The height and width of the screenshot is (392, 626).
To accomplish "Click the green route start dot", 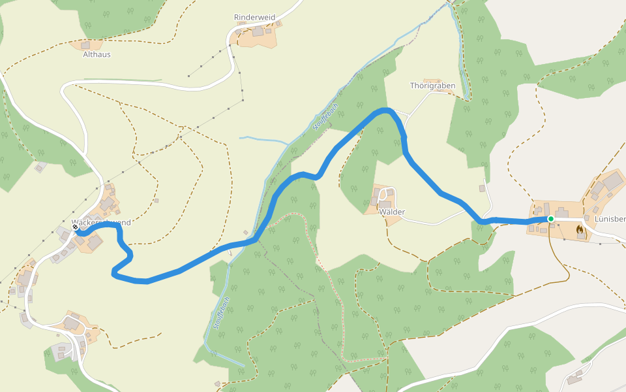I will [550, 219].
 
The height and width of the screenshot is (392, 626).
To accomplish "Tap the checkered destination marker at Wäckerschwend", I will [76, 228].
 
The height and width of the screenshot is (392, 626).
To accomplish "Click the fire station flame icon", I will [580, 230].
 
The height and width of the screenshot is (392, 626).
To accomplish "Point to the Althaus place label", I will [97, 55].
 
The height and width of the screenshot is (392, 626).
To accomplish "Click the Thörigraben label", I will [432, 86].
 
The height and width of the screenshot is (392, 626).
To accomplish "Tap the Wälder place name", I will [392, 212].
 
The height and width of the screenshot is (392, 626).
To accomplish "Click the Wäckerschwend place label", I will [102, 223].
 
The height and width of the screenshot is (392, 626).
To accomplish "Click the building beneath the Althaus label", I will [85, 45].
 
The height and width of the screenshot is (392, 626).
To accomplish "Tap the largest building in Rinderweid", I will [258, 31].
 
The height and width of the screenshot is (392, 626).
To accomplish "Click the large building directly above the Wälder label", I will [385, 204].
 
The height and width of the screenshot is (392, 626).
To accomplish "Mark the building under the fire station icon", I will [580, 237].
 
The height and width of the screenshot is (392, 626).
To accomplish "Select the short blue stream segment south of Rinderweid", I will [263, 140].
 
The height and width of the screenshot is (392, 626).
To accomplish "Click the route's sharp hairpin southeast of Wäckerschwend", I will [115, 273].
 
